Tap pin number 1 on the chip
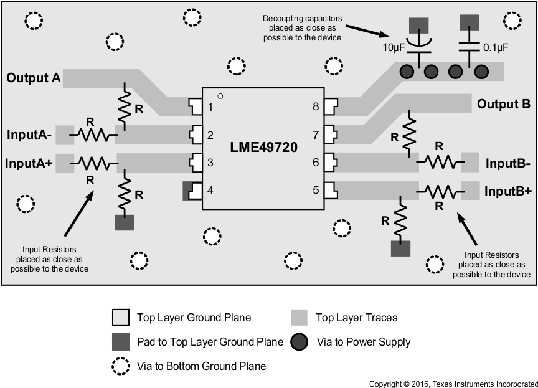pyautogui.click(x=210, y=107)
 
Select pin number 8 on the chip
pyautogui.click(x=316, y=107)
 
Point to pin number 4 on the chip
pyautogui.click(x=210, y=190)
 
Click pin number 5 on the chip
pyautogui.click(x=316, y=190)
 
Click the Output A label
pyautogui.click(x=34, y=78)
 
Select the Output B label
pyautogui.click(x=503, y=104)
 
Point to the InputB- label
pyautogui.click(x=507, y=163)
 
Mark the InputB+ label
pyautogui.click(x=507, y=191)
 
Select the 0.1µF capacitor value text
pyautogui.click(x=496, y=47)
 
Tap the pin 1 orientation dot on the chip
pyautogui.click(x=220, y=96)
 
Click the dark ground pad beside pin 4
pyautogui.click(x=186, y=191)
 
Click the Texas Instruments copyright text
pyautogui.click(x=453, y=384)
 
